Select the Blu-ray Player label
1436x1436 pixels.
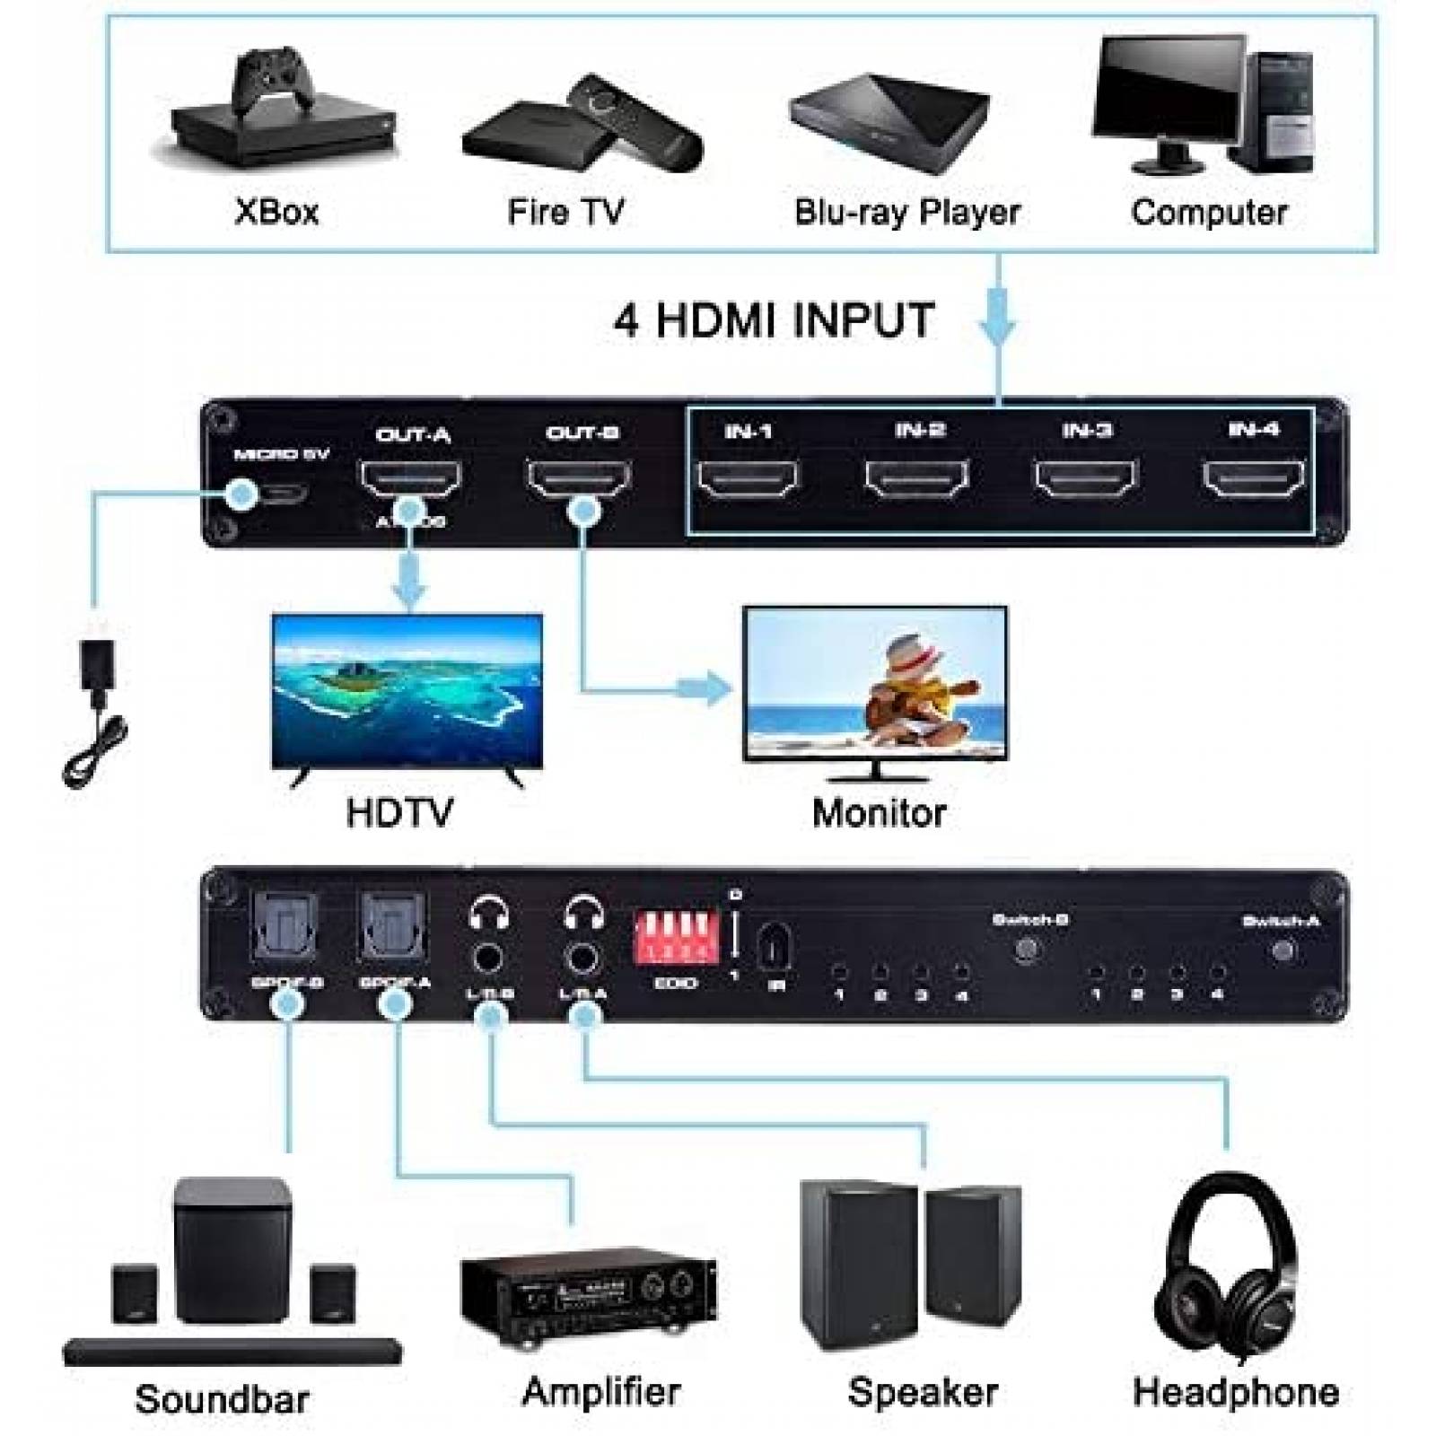coord(906,213)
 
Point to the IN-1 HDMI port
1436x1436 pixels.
coord(748,478)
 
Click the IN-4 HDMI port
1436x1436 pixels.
coord(1253,478)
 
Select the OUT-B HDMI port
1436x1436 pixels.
coord(579,478)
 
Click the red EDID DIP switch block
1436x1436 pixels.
coord(675,939)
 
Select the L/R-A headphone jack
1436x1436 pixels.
coord(583,959)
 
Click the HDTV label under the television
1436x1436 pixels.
coord(399,812)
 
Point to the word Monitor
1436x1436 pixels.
coord(879,812)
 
